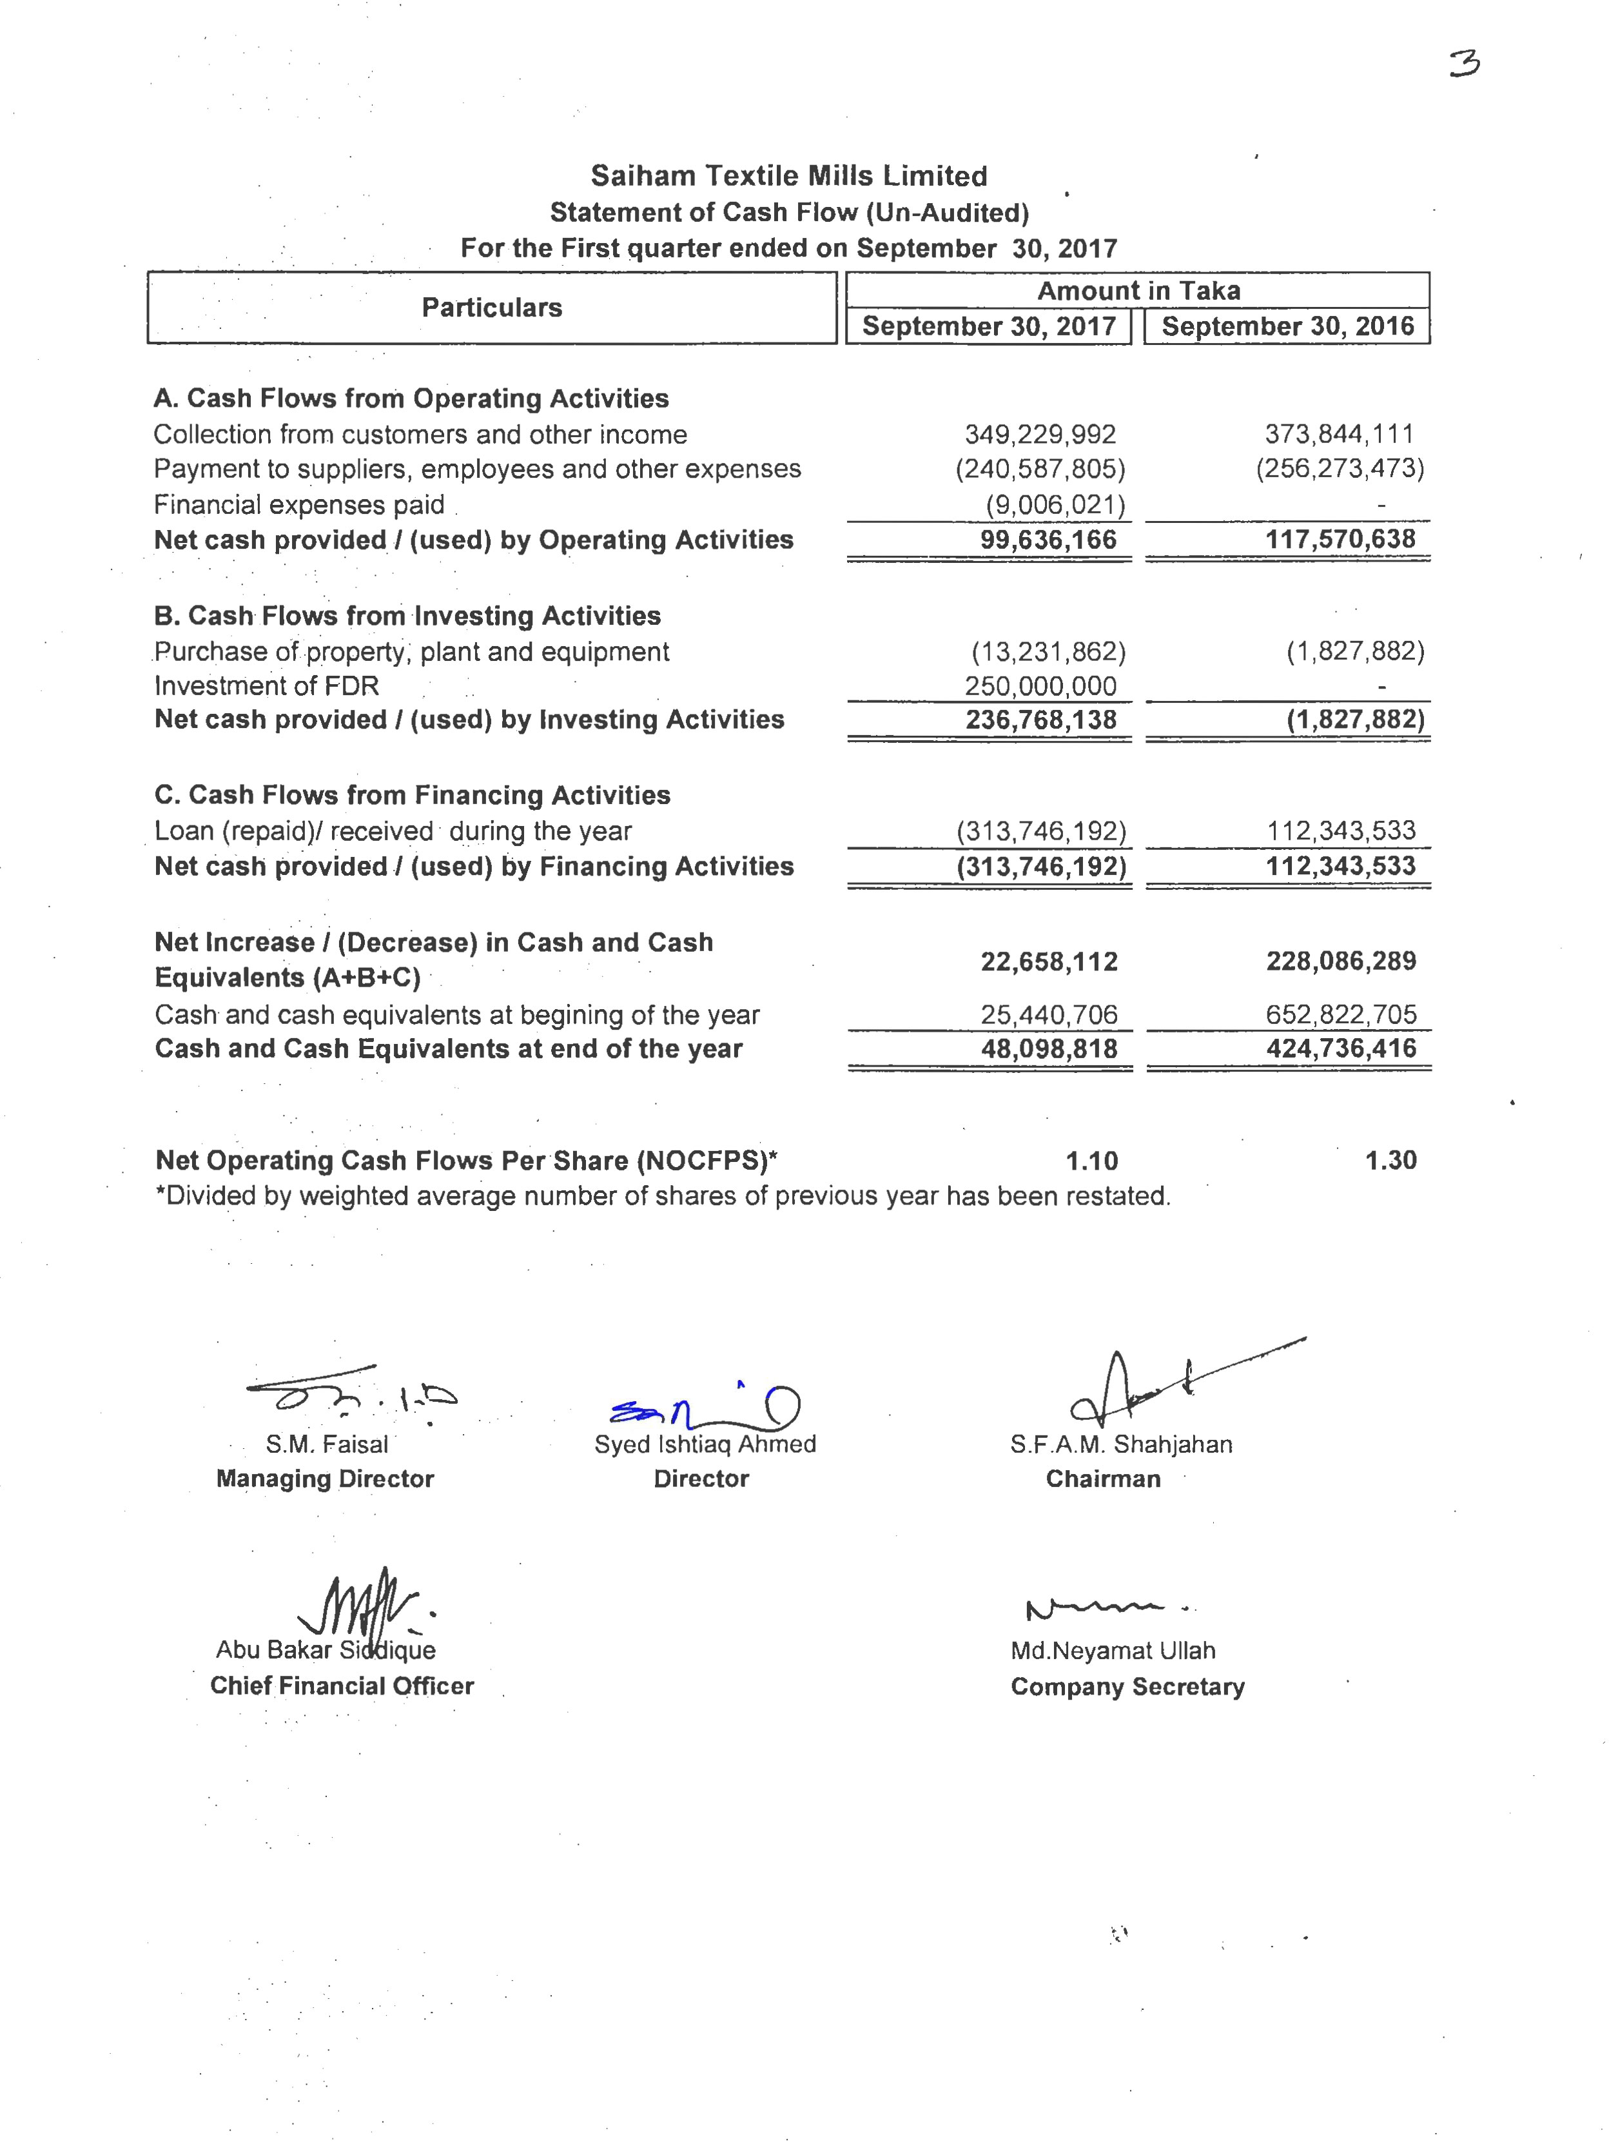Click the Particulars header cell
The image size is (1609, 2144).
[491, 308]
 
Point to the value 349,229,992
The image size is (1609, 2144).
[1040, 434]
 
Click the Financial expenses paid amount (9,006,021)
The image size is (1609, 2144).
[1055, 504]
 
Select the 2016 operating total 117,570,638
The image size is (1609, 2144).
[1340, 539]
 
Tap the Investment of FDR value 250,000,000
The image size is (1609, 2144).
[1040, 685]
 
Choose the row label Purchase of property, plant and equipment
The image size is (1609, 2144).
[411, 651]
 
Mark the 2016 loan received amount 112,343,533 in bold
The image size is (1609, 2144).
[1340, 865]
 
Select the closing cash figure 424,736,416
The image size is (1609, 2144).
[1340, 1048]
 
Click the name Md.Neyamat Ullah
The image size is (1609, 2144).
[1112, 1651]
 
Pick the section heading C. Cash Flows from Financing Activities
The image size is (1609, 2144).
[412, 795]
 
